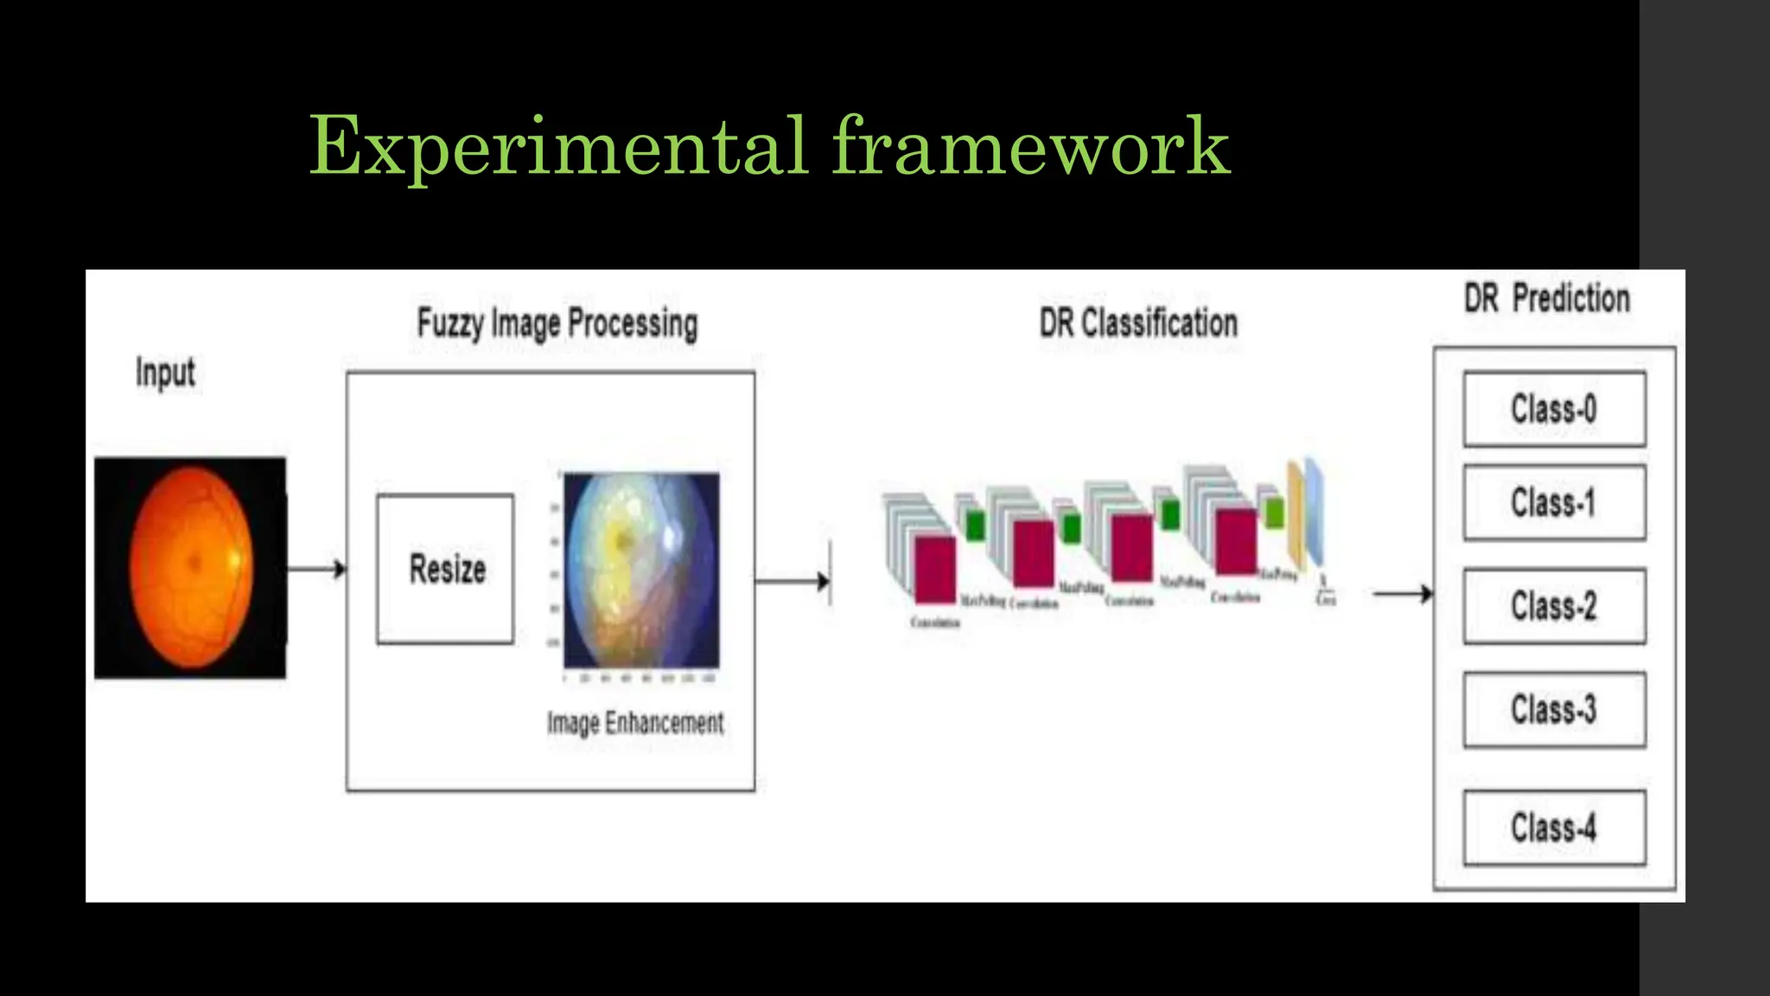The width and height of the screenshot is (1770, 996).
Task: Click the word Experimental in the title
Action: (x=557, y=147)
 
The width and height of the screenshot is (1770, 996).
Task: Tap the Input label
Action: (x=165, y=373)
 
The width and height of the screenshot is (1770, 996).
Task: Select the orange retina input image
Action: (x=190, y=567)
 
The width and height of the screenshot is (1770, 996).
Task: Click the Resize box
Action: (x=445, y=569)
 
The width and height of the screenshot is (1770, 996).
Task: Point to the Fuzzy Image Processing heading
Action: (x=557, y=324)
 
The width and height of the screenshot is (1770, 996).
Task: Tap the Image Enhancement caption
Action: (x=635, y=723)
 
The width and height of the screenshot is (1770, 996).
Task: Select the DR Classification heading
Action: (x=1138, y=323)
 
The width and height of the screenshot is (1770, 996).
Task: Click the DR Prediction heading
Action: (x=1547, y=298)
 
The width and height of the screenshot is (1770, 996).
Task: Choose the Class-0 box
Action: (x=1554, y=409)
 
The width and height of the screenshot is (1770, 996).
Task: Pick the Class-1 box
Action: (x=1554, y=502)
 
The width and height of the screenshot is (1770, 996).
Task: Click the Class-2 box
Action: (x=1554, y=606)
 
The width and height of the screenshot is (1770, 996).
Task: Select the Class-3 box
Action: (x=1554, y=710)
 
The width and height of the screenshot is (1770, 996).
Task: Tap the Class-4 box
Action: (x=1554, y=827)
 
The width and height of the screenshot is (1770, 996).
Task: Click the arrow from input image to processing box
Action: (x=315, y=569)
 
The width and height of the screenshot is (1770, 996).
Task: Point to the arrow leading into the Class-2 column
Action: (x=1402, y=594)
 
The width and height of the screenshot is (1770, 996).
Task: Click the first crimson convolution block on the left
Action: (x=935, y=569)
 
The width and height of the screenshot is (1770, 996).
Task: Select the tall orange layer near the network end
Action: (x=1295, y=510)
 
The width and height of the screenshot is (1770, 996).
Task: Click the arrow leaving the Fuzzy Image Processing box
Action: (x=791, y=581)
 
